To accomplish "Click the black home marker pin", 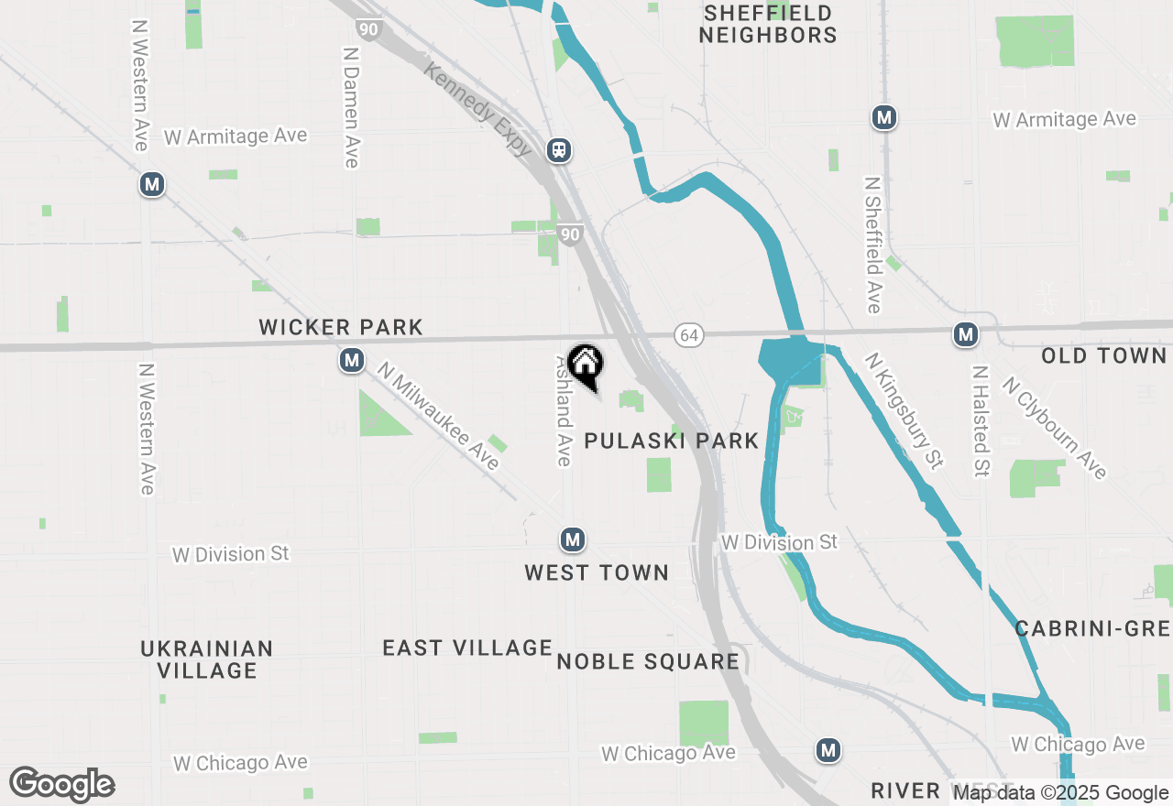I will point(586,365).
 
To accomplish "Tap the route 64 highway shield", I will point(689,335).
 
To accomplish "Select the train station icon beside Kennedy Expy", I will point(558,149).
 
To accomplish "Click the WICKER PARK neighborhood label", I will point(341,327).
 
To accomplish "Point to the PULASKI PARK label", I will point(672,441).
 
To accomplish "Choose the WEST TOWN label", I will point(597,572).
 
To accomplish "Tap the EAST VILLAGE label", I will point(467,648).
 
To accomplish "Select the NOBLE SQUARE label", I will point(648,661).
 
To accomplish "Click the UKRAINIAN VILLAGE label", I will point(207,659).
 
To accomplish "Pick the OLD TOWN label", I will point(1103,355).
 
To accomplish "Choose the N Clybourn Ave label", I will point(1055,428).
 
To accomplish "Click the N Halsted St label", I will point(981,421).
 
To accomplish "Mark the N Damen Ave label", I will point(350,107).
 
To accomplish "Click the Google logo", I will point(62,785).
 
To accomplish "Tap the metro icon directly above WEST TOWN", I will point(573,539).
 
